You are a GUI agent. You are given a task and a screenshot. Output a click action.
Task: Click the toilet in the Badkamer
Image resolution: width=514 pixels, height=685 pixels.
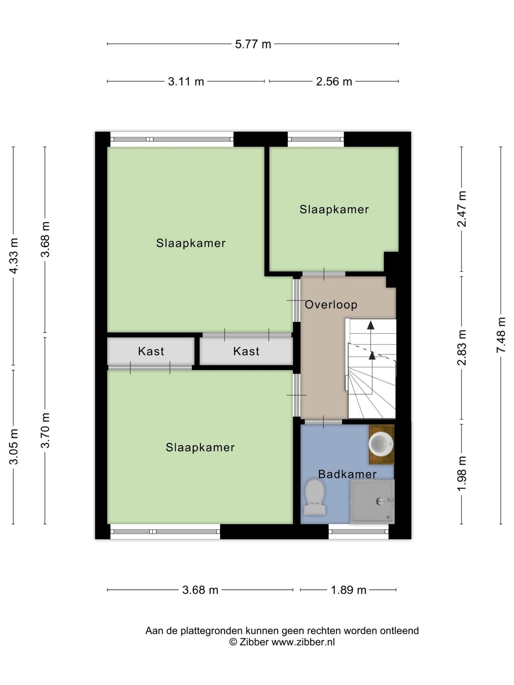315,497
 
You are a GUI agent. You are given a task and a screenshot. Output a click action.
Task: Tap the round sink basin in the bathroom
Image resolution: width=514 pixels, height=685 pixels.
381,444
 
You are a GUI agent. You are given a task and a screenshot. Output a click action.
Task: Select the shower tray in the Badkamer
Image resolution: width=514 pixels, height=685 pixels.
373,501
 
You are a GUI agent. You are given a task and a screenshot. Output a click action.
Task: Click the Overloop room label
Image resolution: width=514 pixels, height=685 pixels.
331,305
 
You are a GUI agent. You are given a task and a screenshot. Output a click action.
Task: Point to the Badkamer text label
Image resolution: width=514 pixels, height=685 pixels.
347,474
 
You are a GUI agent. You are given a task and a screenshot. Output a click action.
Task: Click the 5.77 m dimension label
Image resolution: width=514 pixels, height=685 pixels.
253,44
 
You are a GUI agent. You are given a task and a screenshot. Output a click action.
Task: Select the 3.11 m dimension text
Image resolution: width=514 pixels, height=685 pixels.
186,82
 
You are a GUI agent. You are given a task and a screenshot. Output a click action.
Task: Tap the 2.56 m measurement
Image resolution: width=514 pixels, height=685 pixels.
334,82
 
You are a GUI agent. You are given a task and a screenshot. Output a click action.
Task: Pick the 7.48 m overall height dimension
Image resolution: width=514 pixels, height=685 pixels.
501,335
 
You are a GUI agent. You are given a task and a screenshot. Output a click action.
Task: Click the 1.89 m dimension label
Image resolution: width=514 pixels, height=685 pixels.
348,590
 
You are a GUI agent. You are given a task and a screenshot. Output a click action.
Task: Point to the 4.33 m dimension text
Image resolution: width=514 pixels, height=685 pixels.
14,255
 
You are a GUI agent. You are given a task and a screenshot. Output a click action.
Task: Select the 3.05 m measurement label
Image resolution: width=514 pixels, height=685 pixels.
14,447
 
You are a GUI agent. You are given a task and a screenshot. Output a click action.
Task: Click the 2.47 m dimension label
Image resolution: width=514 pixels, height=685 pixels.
462,209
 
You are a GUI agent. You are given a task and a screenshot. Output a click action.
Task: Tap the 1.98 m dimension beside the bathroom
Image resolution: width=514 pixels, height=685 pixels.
462,473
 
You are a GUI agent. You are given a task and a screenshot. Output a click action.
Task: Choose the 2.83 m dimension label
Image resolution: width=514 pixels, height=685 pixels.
462,347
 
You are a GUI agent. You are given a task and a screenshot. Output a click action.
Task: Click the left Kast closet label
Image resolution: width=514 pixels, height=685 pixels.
151,352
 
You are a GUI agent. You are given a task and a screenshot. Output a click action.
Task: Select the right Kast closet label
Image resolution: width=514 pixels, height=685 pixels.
246,352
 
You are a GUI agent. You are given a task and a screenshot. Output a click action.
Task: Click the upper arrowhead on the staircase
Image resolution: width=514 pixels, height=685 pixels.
370,325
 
